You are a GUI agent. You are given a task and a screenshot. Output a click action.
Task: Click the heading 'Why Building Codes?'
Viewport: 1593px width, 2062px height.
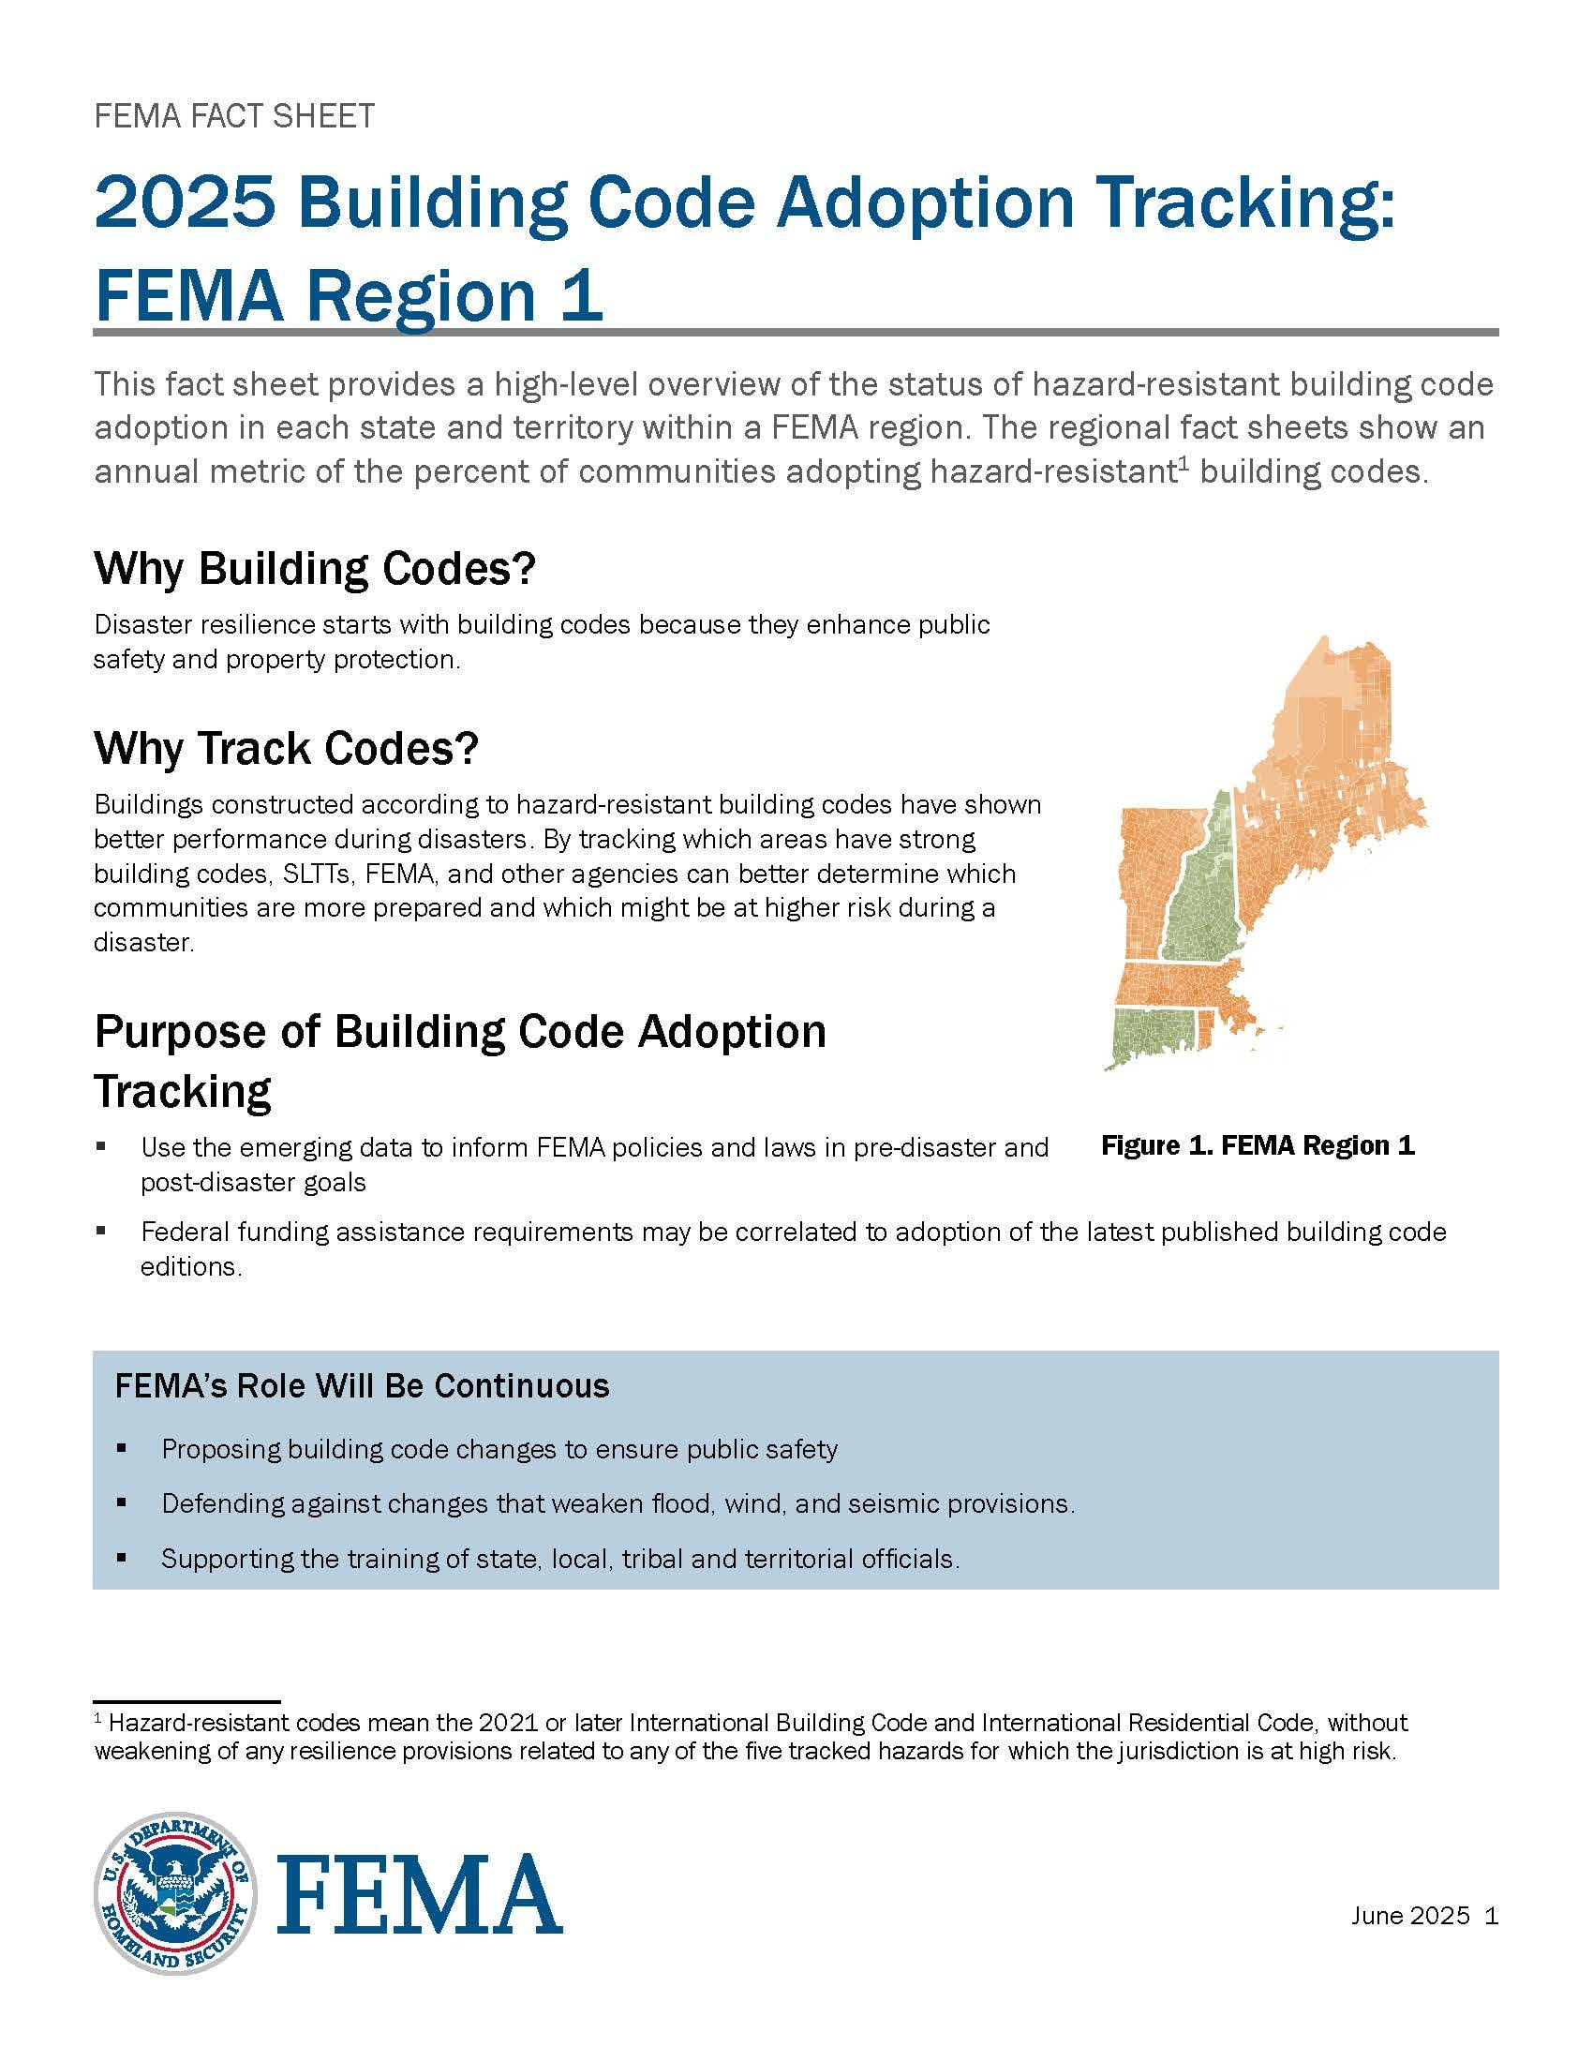[x=314, y=568]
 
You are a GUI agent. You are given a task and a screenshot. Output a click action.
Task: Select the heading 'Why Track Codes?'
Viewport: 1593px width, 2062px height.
[x=286, y=748]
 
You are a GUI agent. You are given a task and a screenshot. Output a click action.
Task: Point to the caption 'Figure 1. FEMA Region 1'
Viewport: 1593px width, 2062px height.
[x=1257, y=1145]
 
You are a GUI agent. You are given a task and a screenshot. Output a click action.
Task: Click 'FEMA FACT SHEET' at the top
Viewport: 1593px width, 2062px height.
[x=234, y=116]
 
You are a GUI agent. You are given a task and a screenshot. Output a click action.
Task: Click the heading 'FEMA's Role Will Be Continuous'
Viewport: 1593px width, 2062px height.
[x=362, y=1386]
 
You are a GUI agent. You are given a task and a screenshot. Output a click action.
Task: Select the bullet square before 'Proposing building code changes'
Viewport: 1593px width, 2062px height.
[x=122, y=1448]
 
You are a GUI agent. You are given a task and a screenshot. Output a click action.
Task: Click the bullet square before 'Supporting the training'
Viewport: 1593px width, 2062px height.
[x=122, y=1558]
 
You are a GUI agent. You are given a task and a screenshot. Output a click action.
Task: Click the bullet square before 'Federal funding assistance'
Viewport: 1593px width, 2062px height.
[x=101, y=1233]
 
